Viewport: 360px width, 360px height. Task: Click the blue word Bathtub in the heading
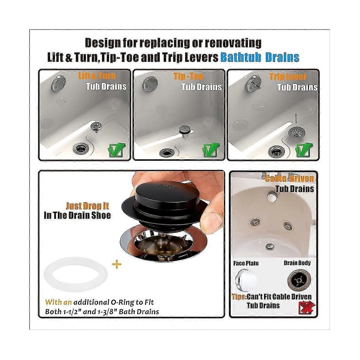(x=240, y=57)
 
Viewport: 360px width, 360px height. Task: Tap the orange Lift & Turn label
(x=97, y=76)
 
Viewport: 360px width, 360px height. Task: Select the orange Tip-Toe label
(x=188, y=76)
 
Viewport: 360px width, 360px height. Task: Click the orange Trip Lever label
(x=288, y=77)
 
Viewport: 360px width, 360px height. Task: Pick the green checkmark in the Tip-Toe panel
(x=211, y=150)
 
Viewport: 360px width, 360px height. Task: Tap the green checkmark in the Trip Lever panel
(x=304, y=150)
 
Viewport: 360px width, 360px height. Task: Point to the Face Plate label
(x=246, y=263)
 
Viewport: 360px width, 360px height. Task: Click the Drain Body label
(x=297, y=263)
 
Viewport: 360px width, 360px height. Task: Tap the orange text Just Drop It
(x=87, y=206)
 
